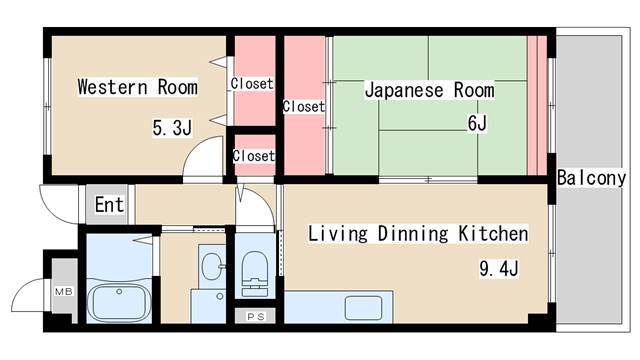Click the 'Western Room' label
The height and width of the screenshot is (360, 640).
pos(137,87)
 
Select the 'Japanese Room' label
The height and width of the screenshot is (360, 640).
pos(429,90)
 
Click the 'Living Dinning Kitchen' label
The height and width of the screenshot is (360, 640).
pos(417,234)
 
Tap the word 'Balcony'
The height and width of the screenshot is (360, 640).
pos(591,178)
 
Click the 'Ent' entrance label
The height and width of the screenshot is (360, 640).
pos(110,206)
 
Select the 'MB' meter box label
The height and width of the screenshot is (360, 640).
pos(63,291)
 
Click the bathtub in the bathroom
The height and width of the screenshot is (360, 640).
pos(119,301)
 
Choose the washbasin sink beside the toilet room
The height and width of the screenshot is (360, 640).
pos(211,267)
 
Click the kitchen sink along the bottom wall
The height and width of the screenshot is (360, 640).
pos(358,307)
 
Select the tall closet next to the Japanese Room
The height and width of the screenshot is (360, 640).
pos(303,105)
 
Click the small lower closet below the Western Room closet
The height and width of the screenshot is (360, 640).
pos(252,156)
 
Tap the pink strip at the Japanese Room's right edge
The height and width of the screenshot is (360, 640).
pos(538,105)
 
